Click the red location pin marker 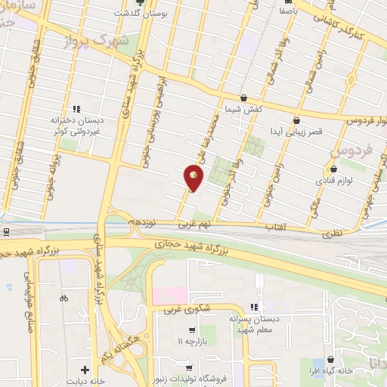(x=194, y=178)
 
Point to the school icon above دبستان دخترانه (x=76, y=109)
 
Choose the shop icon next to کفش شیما (x=243, y=98)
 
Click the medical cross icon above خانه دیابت (x=84, y=370)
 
